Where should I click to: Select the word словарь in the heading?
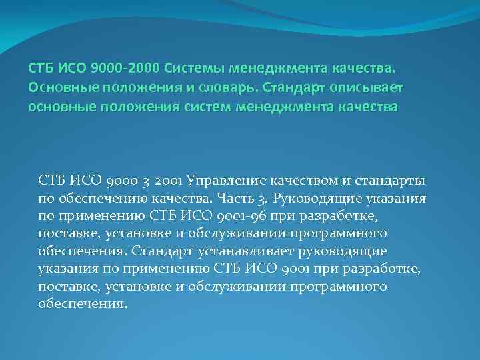(x=226, y=88)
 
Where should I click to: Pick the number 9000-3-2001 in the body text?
(x=147, y=181)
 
